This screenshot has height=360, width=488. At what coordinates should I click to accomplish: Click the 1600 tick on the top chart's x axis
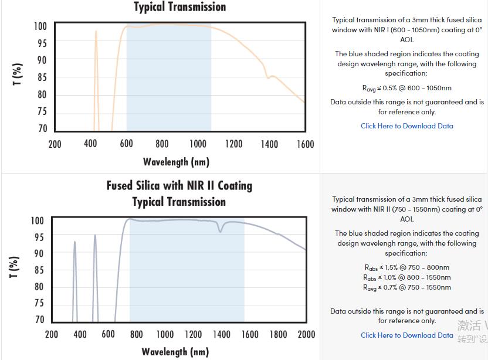[x=305, y=144]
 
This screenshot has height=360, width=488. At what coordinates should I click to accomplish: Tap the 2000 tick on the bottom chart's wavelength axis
[x=306, y=334]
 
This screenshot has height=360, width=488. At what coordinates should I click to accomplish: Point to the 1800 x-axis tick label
[x=278, y=334]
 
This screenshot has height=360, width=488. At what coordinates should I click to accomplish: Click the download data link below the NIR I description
[x=406, y=126]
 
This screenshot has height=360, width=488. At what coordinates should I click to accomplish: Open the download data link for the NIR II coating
[x=406, y=335]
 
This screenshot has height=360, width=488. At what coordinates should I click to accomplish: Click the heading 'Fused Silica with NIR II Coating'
[x=179, y=186]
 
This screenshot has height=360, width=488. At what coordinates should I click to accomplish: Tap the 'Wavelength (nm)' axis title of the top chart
[x=176, y=162]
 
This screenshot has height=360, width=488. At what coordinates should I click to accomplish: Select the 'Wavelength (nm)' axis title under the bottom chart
[x=175, y=352]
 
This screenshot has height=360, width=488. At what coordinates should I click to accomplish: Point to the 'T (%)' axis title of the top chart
[x=18, y=74]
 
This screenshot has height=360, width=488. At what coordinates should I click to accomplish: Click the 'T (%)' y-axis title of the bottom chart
[x=15, y=267]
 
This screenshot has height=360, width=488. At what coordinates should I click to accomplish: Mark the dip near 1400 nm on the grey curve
[x=221, y=231]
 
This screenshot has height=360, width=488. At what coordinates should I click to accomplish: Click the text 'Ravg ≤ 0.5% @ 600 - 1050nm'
[x=406, y=89]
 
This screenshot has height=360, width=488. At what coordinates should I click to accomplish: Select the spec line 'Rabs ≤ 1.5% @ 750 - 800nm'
[x=406, y=268]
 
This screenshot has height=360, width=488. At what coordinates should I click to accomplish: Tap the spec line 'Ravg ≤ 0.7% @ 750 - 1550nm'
[x=406, y=288]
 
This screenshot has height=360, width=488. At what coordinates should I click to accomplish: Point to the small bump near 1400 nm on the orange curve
[x=269, y=77]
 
